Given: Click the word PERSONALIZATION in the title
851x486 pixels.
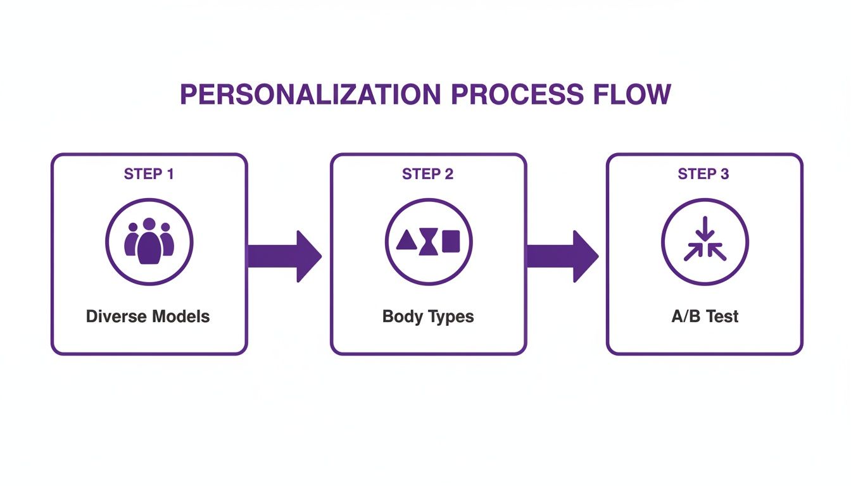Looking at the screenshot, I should click(x=310, y=94).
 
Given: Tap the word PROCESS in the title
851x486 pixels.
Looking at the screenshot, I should click(x=516, y=94).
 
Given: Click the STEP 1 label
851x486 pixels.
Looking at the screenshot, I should click(x=149, y=174).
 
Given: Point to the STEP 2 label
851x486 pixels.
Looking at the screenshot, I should click(x=428, y=174).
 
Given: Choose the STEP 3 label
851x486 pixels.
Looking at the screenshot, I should click(x=703, y=174).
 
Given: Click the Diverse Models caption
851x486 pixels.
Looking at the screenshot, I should click(x=148, y=316).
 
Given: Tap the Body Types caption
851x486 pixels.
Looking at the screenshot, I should click(x=428, y=316).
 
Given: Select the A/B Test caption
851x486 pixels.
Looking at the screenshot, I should click(x=705, y=316).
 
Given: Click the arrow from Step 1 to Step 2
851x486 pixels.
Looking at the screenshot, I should click(x=284, y=256).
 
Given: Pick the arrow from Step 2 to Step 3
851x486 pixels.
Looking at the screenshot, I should click(x=562, y=256).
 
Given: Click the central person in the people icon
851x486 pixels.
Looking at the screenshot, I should click(x=149, y=244).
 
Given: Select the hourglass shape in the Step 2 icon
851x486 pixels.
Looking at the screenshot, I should click(x=429, y=241).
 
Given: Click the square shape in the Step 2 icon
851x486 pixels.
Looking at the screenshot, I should click(x=451, y=241).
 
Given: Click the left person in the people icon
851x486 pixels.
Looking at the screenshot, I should click(x=132, y=240).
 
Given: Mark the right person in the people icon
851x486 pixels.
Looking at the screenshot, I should click(x=166, y=240).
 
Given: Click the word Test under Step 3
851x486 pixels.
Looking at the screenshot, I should click(x=722, y=316).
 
